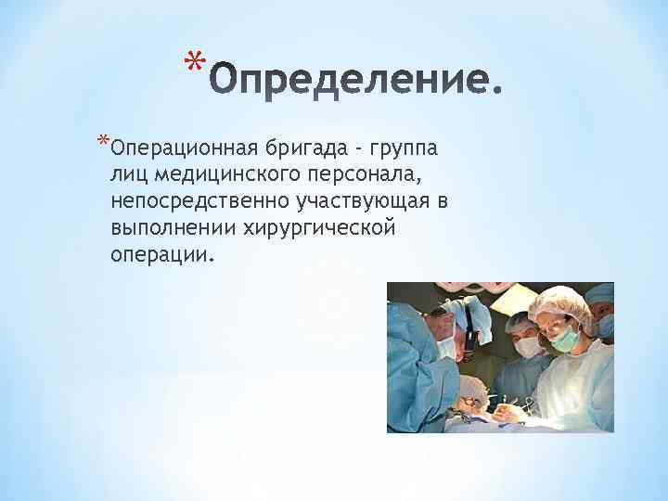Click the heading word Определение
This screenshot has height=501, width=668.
(x=356, y=87)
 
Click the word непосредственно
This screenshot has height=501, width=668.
(x=199, y=201)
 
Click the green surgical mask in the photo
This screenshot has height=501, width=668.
(x=563, y=339)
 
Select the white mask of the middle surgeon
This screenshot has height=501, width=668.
(x=529, y=348)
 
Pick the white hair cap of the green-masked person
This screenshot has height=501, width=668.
(x=559, y=302)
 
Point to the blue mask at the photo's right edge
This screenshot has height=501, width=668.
(x=606, y=326)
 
